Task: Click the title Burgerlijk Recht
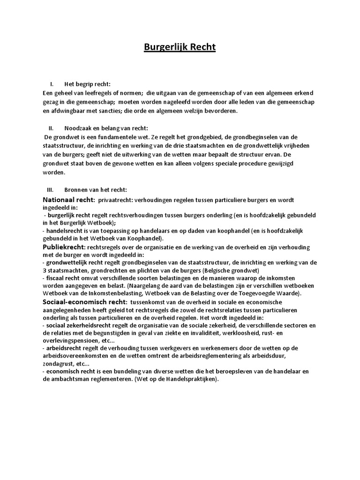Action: (x=180, y=48)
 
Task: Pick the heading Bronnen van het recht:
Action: (x=95, y=190)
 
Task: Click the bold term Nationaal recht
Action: (x=68, y=200)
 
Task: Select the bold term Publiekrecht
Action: (x=63, y=247)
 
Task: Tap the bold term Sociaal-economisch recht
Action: (x=84, y=302)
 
